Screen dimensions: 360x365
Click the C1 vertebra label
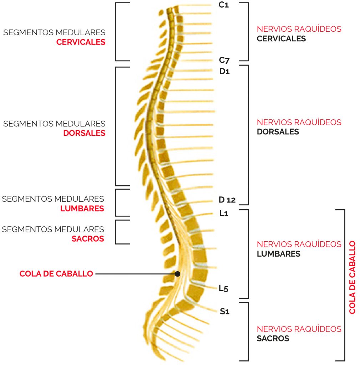223,5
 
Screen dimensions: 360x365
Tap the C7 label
224,60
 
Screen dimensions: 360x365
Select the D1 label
224,71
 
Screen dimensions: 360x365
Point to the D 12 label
227,200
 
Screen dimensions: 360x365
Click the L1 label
224,213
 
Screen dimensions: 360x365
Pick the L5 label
223,288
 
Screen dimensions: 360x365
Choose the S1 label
225,311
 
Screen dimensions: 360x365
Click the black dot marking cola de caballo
177,274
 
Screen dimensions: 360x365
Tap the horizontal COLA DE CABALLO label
56,274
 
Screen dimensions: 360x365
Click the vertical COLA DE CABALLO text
352,277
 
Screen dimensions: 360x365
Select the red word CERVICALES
81,42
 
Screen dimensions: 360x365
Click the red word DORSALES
84,133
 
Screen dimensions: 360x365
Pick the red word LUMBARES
82,209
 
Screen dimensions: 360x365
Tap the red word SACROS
88,239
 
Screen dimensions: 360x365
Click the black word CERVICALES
281,38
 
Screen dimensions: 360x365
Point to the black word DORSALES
278,132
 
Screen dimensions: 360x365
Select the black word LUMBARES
278,254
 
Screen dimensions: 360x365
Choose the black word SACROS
273,339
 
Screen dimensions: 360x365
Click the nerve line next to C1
194,5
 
